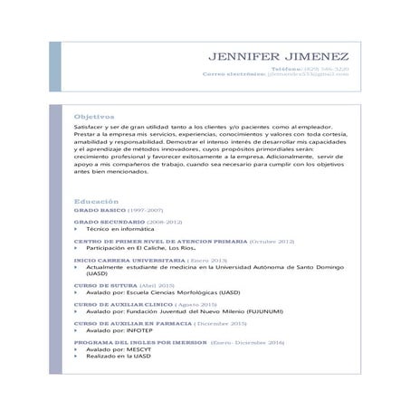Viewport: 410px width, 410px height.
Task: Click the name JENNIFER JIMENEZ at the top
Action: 282,57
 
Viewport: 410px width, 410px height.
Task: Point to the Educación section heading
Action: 96,200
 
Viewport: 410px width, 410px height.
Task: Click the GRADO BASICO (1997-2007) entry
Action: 114,209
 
